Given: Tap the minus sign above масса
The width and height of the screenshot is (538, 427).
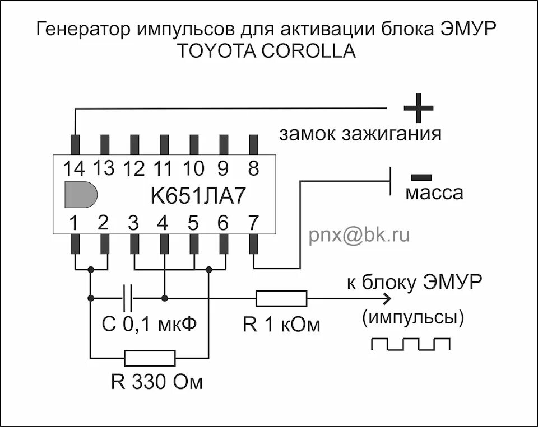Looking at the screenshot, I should [x=421, y=177].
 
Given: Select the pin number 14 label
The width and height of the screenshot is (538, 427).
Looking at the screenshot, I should [x=74, y=167].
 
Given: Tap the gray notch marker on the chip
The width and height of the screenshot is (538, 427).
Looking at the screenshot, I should [x=80, y=195].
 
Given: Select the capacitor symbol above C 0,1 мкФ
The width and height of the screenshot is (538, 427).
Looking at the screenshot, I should [x=128, y=298].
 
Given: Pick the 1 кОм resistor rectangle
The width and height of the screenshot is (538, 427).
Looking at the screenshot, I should [x=281, y=298].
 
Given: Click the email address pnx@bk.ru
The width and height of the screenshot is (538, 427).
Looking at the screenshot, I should [x=359, y=236].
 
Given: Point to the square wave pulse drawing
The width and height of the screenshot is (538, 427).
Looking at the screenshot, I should [x=411, y=344].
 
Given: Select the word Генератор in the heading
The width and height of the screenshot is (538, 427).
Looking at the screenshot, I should [x=82, y=29].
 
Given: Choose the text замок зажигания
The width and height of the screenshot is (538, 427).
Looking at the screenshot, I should [x=360, y=134].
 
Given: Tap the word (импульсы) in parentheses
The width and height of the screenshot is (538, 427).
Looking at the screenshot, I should [x=413, y=318].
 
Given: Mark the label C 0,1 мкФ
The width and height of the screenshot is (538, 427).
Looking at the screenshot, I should [x=150, y=324].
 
